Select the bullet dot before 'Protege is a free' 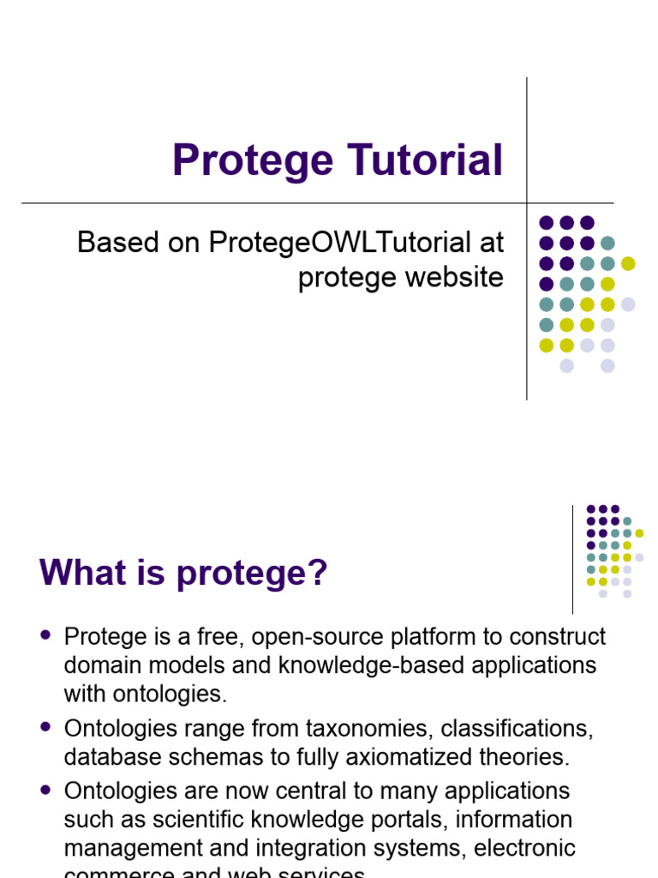(x=45, y=635)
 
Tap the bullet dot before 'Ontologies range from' (x=45, y=726)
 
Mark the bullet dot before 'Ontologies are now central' (x=45, y=787)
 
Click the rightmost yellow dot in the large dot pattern (x=628, y=263)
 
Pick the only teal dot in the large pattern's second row (x=607, y=243)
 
